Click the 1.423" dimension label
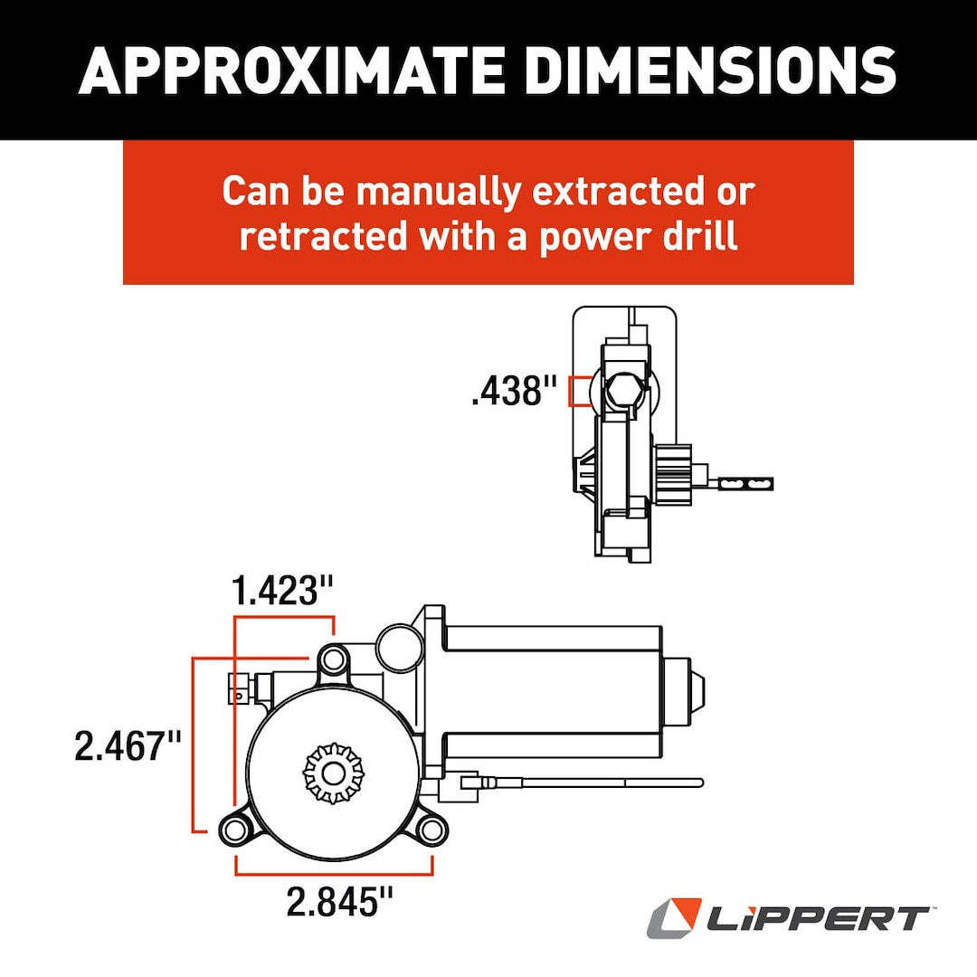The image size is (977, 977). (x=283, y=592)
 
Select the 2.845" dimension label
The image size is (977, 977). (x=340, y=902)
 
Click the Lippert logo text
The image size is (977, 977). (x=814, y=920)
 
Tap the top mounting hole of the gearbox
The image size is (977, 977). (x=334, y=659)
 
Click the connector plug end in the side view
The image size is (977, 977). (x=750, y=484)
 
